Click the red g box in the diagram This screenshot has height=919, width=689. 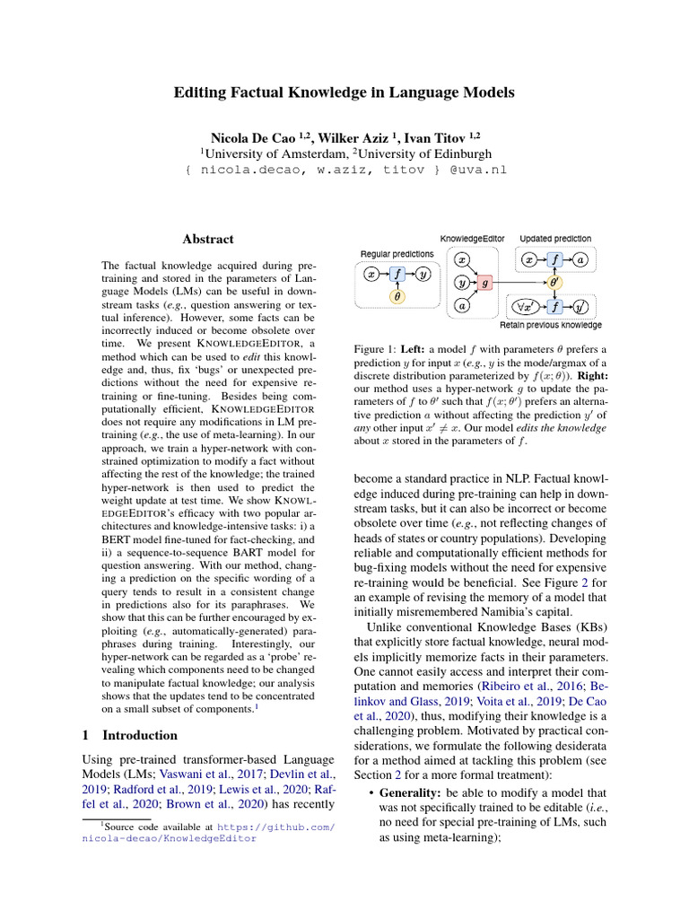486,282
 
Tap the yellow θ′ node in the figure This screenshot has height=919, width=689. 554,282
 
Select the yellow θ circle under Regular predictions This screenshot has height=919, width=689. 397,295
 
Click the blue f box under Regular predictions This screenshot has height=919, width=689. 397,274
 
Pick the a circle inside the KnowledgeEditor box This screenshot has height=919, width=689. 461,305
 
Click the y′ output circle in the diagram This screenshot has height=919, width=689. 580,306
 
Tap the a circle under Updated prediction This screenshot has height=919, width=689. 580,259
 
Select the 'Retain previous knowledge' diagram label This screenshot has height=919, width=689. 550,325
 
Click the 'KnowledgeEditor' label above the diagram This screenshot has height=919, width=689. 472,239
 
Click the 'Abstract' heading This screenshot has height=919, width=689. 208,240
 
